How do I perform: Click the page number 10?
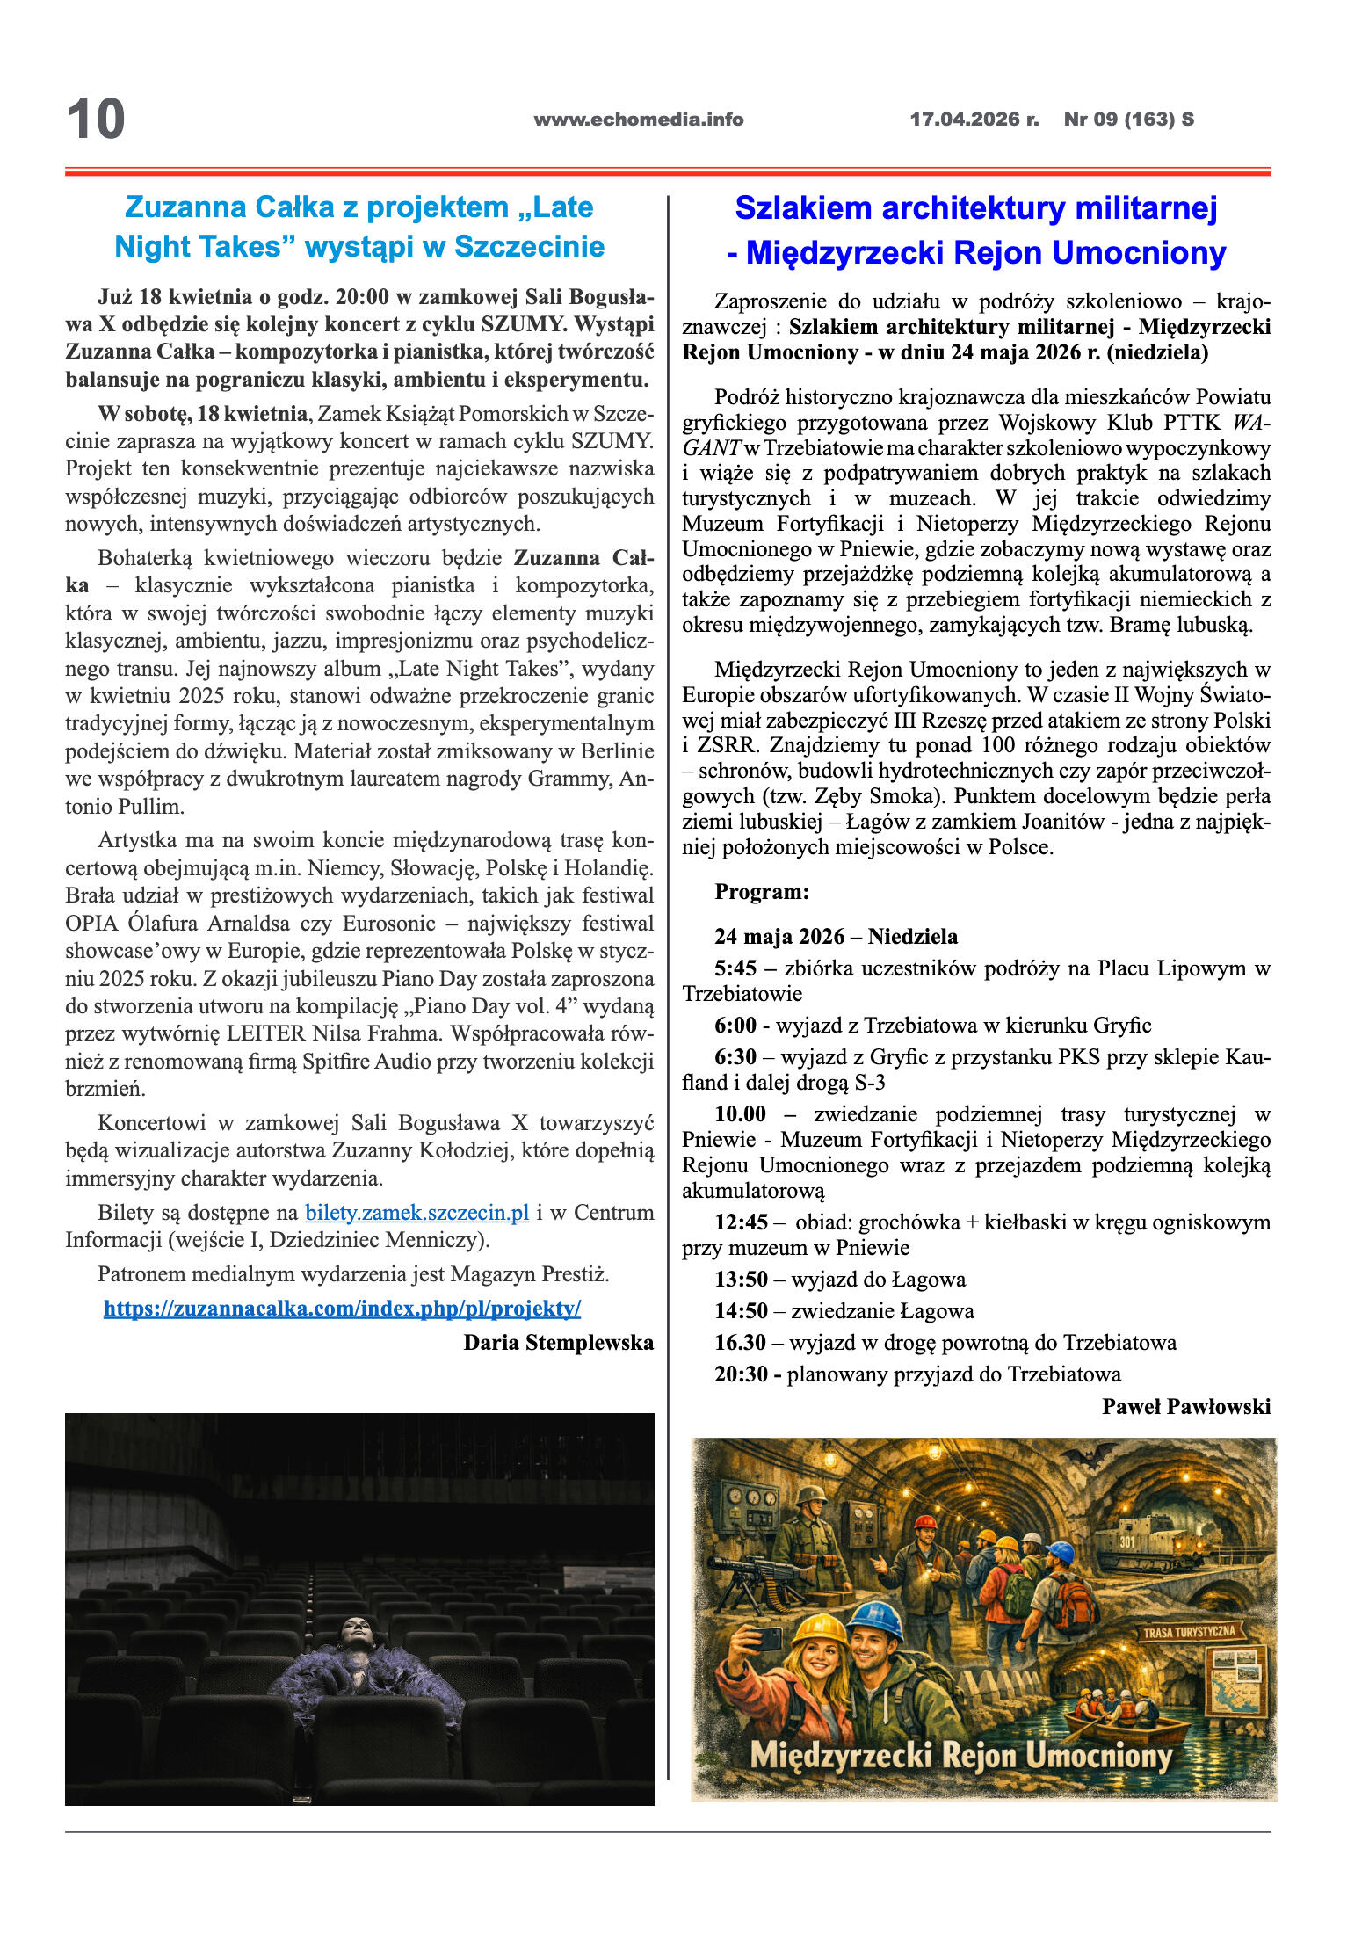click(96, 120)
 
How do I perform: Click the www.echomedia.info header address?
click(638, 120)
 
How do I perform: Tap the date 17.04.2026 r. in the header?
click(974, 120)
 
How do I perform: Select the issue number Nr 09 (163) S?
click(1128, 120)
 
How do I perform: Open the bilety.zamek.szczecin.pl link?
click(416, 1213)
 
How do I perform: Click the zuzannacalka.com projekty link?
click(342, 1309)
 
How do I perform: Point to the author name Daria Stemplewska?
click(558, 1343)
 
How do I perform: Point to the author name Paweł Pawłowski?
click(1185, 1407)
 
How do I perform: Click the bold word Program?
click(761, 892)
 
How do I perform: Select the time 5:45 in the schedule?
click(735, 968)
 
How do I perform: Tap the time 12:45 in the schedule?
click(741, 1222)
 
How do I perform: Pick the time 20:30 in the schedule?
click(741, 1374)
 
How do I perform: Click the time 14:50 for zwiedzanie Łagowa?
click(741, 1311)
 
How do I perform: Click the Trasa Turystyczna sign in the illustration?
click(1189, 1632)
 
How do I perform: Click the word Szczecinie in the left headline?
click(529, 247)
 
